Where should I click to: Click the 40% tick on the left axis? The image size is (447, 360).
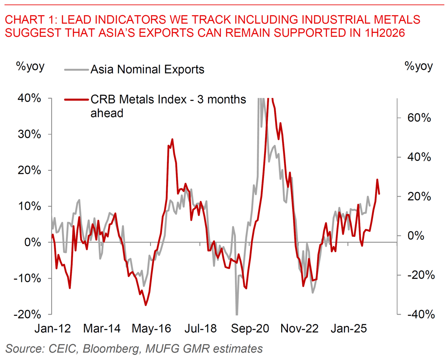click(x=29, y=98)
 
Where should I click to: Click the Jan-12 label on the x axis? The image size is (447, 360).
click(x=52, y=328)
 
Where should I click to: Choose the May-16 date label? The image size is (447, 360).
click(x=151, y=328)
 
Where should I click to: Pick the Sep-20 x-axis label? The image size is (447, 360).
click(x=251, y=328)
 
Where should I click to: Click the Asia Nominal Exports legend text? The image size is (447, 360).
click(x=147, y=69)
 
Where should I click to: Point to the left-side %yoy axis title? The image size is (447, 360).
click(x=30, y=66)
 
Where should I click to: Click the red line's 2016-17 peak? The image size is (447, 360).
click(x=172, y=139)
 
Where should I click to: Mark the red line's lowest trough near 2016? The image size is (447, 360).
click(x=146, y=305)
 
